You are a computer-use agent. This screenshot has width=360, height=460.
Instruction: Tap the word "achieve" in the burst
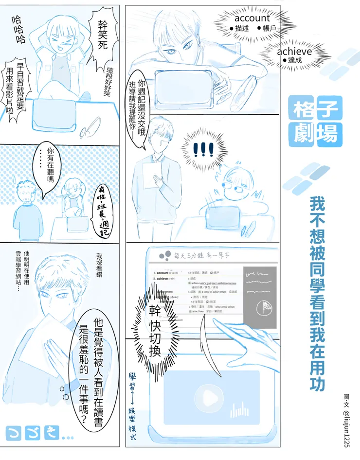(x=294, y=52)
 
